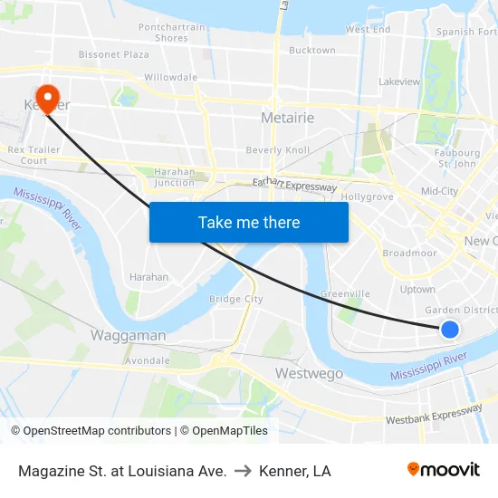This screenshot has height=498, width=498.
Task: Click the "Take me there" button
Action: pos(248,222)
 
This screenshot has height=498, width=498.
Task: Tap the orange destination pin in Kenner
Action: pos(45,97)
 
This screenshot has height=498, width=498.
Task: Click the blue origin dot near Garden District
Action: pos(450,330)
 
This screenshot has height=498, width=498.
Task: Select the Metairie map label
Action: pos(287,118)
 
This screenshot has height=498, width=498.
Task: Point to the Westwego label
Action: pos(309,373)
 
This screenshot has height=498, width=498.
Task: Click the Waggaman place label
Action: pos(128,335)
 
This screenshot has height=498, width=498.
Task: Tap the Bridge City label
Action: pos(235,299)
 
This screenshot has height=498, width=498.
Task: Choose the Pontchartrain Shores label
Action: pos(171,33)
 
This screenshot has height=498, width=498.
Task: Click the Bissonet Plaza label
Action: pos(114,54)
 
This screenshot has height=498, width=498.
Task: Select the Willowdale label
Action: pos(170,78)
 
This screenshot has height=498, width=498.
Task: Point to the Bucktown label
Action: pos(311,51)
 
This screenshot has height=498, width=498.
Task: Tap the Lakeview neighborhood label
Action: pos(399,81)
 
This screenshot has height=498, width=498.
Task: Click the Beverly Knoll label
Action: pos(278,150)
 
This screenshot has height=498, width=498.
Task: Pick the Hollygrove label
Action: pos(367,196)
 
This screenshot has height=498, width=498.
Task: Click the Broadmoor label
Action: pos(409,254)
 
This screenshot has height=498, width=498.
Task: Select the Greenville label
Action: pos(345,293)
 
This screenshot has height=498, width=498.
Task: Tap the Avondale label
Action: pos(147,359)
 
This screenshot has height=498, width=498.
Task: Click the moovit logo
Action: pos(444,469)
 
